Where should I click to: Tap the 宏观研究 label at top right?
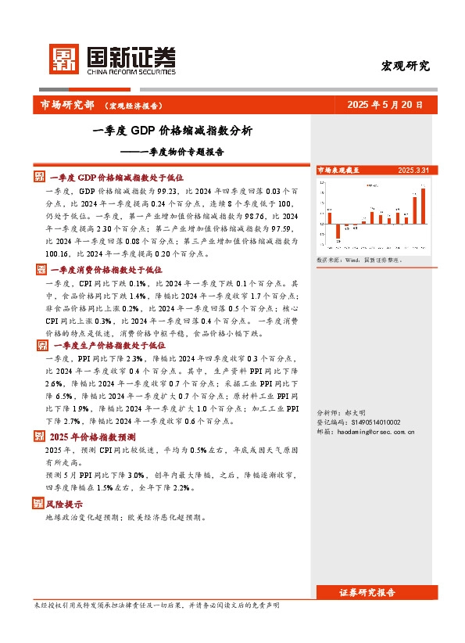point(405,66)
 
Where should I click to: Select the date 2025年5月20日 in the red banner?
point(385,104)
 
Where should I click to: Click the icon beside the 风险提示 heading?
point(40,505)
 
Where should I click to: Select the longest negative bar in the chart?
point(338,232)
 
